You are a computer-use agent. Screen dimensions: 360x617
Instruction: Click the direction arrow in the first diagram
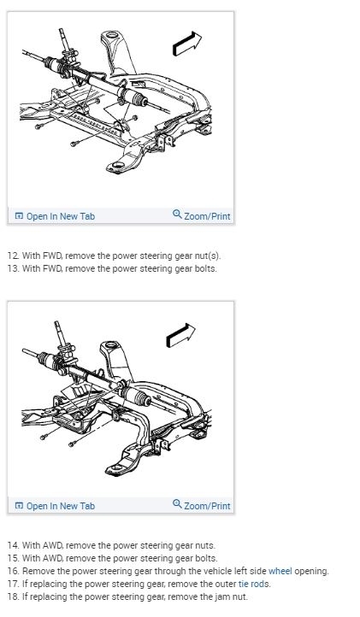[x=187, y=44]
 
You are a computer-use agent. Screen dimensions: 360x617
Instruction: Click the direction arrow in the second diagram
[x=180, y=335]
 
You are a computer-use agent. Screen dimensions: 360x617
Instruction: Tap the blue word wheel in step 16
[x=280, y=571]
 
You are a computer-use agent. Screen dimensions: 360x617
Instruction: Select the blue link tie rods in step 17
[x=254, y=584]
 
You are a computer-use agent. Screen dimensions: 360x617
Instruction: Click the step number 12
[x=13, y=256]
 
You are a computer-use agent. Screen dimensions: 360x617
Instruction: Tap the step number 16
[x=13, y=571]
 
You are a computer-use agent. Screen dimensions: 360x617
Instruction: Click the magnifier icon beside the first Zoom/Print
[x=177, y=214]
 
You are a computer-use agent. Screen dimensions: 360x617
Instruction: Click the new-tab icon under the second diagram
[x=19, y=506]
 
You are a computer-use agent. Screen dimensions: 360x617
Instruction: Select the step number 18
[x=13, y=597]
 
